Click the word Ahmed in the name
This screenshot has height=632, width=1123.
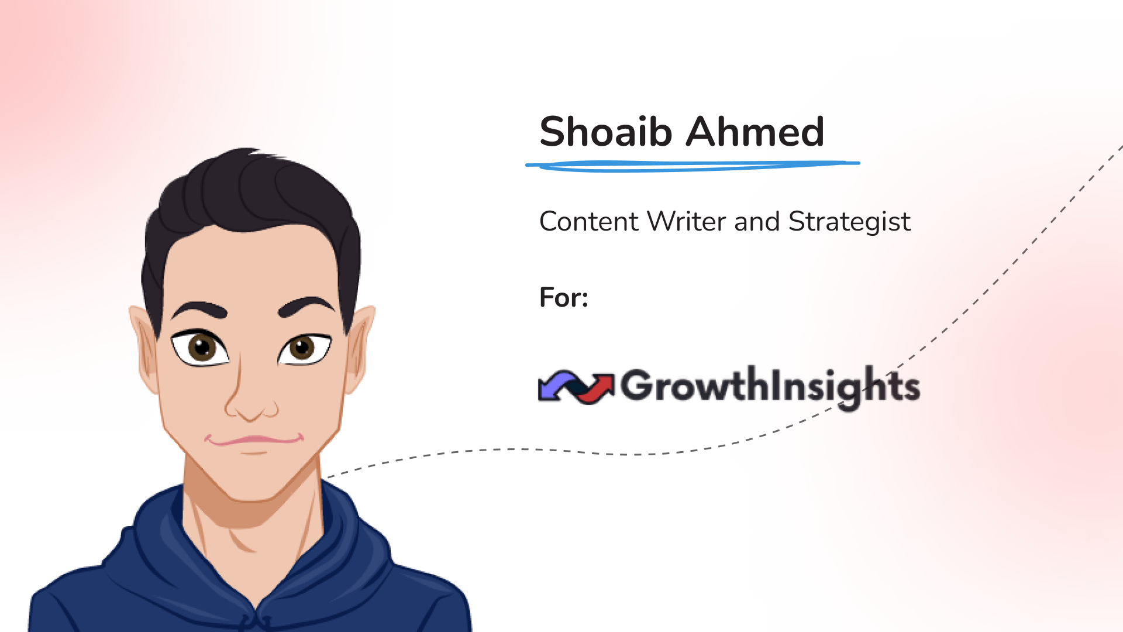pos(755,131)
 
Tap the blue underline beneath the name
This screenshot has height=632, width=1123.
pos(693,166)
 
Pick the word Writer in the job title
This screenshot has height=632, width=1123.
pos(687,221)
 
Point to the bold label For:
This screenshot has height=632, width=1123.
pos(563,297)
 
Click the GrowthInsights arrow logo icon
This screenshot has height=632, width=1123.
pos(576,387)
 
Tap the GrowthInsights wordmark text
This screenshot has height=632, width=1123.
pos(770,387)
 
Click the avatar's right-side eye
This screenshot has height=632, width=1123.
pos(304,348)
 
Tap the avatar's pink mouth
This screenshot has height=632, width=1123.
pos(254,440)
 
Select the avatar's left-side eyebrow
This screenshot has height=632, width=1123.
pos(199,310)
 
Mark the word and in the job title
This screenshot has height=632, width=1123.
pos(757,221)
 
